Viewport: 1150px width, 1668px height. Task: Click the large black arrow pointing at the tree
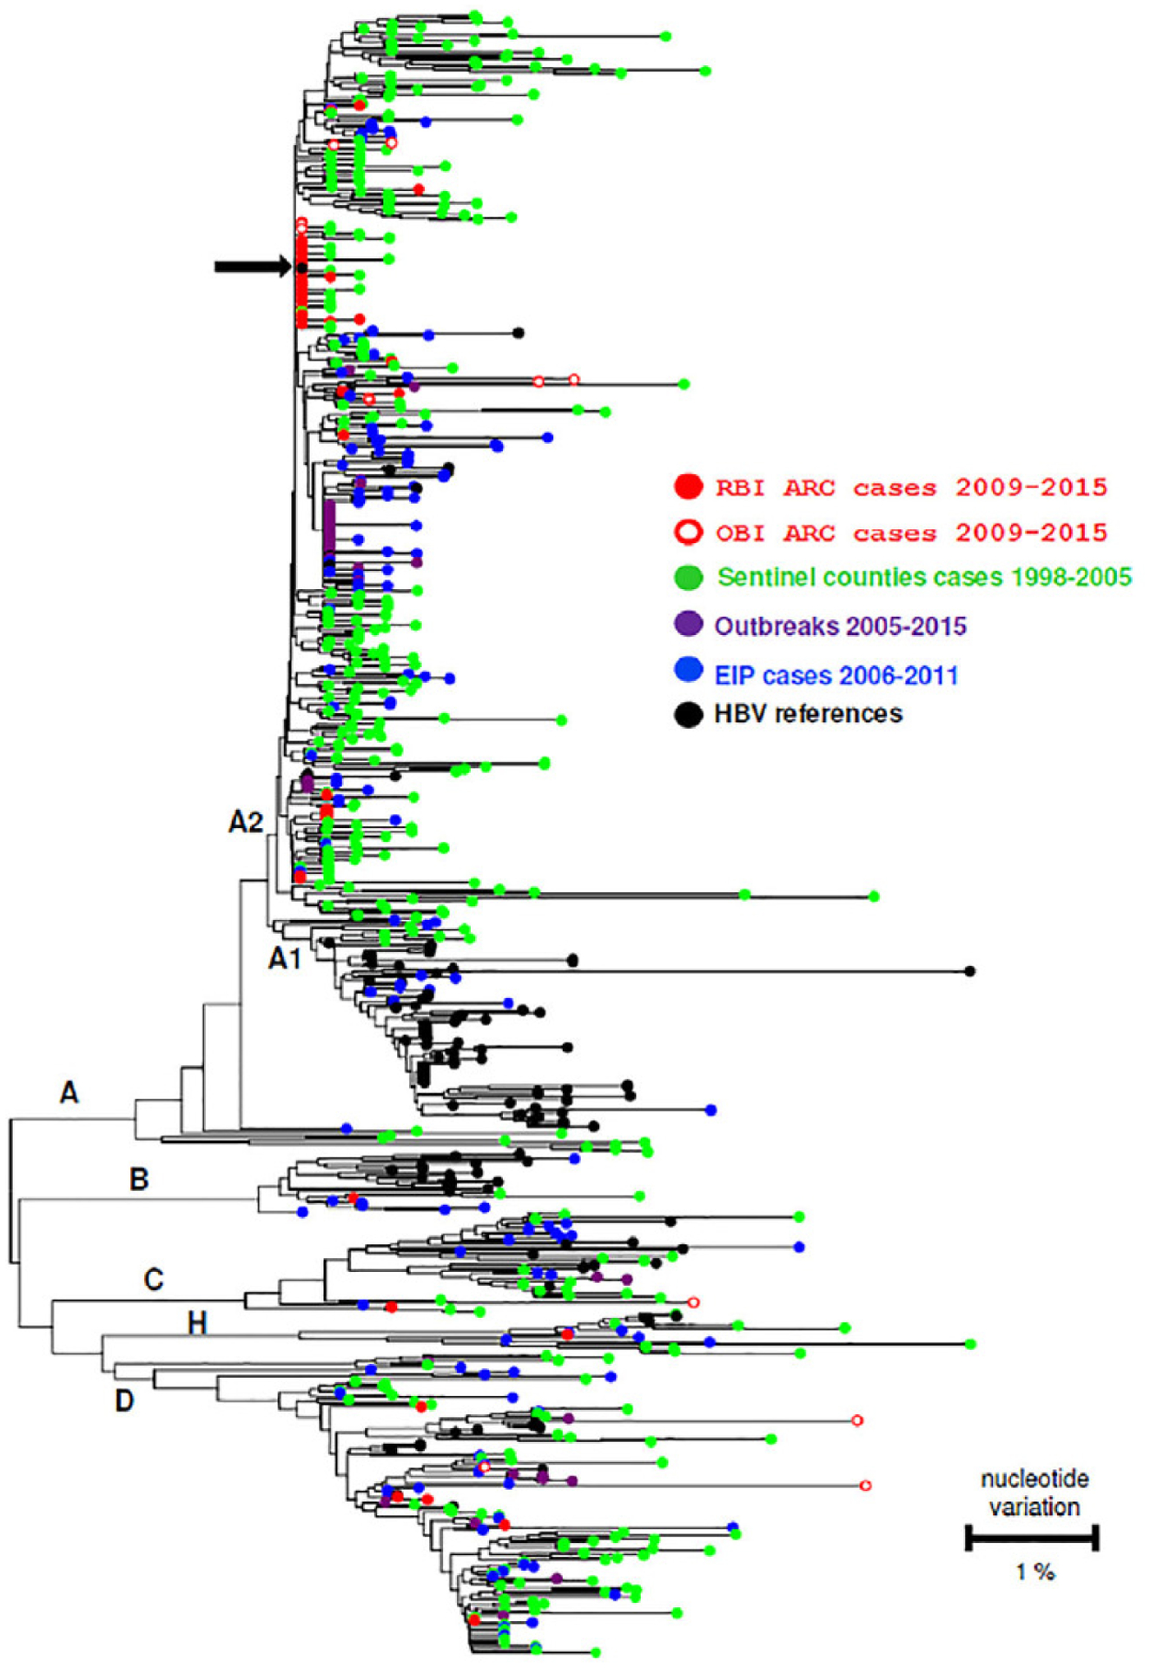(x=252, y=267)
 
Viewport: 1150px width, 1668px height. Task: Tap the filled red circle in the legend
(x=689, y=486)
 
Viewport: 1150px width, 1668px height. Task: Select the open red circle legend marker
(x=689, y=532)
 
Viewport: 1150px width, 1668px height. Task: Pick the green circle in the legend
(x=689, y=577)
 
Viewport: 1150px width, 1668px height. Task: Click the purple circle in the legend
(x=689, y=624)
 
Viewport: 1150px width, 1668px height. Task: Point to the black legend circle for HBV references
(x=689, y=714)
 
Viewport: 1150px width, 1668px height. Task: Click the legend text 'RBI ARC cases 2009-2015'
(x=911, y=487)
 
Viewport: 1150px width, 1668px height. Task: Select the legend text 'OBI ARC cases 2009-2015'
(x=911, y=533)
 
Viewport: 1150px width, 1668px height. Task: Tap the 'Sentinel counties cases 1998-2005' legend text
(x=924, y=577)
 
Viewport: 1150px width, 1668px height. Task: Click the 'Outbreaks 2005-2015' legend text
(x=840, y=625)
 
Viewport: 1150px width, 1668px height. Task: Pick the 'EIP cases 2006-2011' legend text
(x=836, y=675)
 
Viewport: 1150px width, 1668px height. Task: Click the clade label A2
(x=246, y=821)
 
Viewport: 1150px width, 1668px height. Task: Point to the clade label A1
(x=285, y=958)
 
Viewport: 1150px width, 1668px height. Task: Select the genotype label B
(x=139, y=1179)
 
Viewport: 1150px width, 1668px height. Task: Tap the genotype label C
(x=154, y=1279)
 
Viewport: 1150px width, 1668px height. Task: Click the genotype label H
(x=197, y=1323)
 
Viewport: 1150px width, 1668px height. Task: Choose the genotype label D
(x=125, y=1400)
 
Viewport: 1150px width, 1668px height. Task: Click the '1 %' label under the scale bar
(x=1034, y=1572)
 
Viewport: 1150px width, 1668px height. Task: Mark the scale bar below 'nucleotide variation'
(x=1032, y=1538)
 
